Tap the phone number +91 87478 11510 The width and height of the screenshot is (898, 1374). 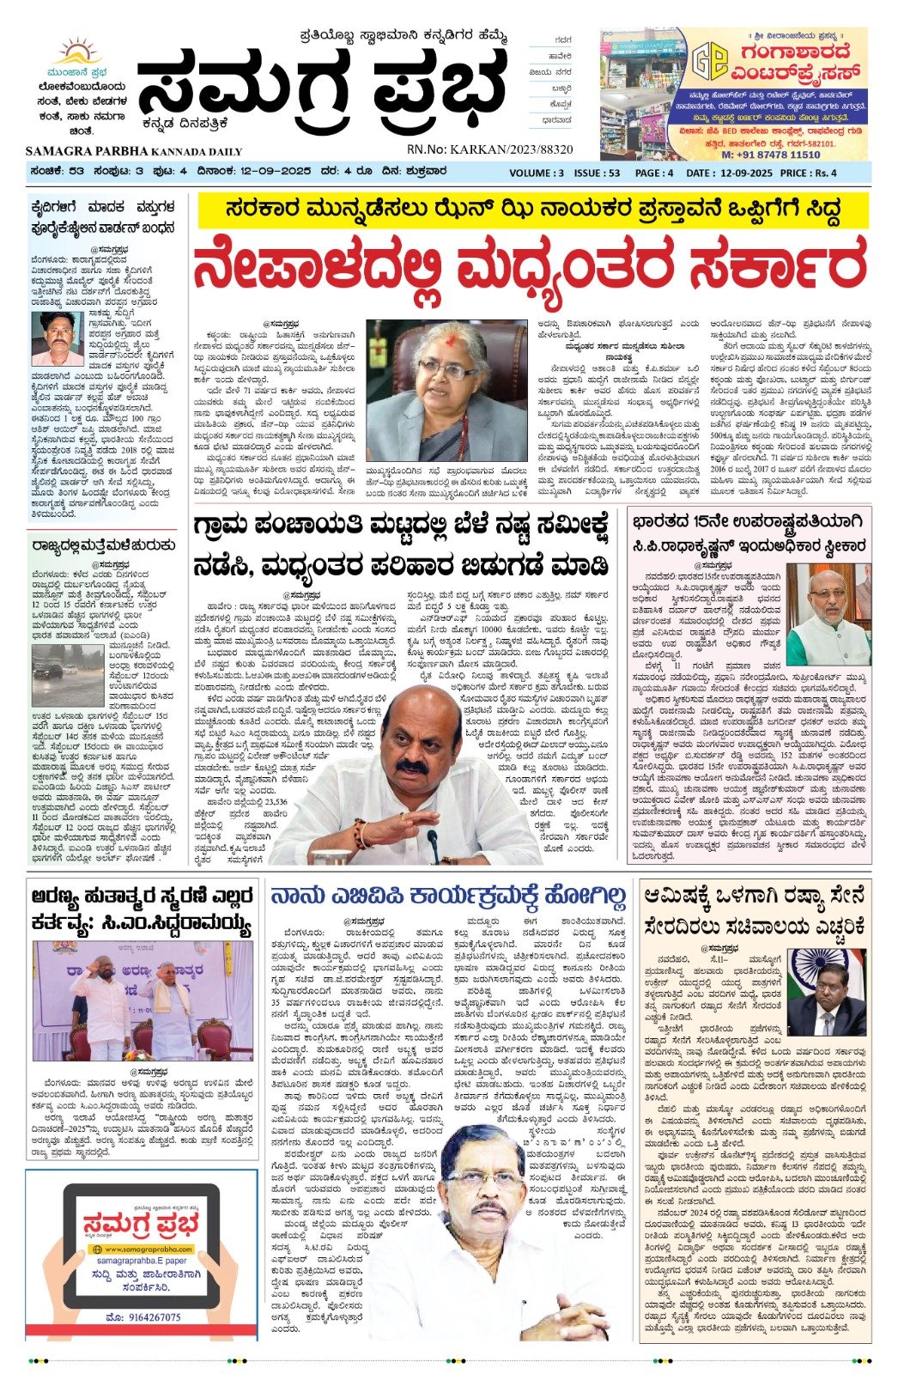tap(770, 155)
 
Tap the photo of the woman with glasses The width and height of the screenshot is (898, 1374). tap(446, 392)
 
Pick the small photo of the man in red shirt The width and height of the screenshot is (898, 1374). tap(57, 338)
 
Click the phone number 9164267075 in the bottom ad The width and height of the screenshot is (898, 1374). tap(143, 1316)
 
